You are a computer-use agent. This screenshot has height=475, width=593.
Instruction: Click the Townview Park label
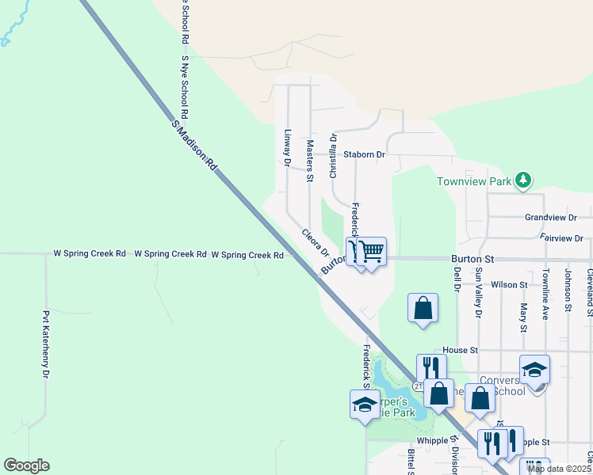click(x=474, y=181)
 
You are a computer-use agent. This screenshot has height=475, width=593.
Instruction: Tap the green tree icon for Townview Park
click(x=522, y=180)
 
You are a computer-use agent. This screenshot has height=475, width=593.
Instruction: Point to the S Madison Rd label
click(x=194, y=146)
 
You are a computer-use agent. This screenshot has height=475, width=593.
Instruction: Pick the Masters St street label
click(x=310, y=161)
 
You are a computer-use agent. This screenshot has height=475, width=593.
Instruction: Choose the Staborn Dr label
click(x=364, y=155)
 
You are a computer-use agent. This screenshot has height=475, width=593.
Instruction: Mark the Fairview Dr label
click(x=560, y=238)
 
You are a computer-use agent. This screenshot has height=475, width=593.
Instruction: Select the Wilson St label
click(x=510, y=284)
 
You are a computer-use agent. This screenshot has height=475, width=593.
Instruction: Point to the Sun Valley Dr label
click(x=478, y=293)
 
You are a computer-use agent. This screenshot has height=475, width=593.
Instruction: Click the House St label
click(x=461, y=350)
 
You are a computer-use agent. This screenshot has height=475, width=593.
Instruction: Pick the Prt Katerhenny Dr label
click(x=46, y=344)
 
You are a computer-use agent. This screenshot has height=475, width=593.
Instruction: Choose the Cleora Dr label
click(x=315, y=242)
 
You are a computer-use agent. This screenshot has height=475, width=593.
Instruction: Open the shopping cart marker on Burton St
click(x=371, y=253)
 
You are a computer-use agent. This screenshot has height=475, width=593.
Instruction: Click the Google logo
click(x=27, y=465)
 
